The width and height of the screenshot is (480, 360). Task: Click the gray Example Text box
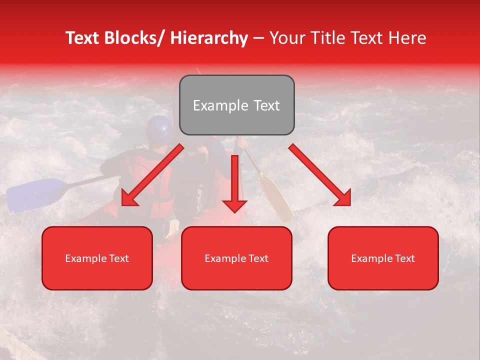point(236,105)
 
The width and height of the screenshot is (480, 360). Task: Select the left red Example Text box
point(97,258)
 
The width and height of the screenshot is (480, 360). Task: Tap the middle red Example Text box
point(236,258)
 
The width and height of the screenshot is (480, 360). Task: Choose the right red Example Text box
point(383,258)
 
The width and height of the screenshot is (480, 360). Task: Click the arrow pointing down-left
point(152,175)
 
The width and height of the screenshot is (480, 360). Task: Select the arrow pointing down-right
point(320,175)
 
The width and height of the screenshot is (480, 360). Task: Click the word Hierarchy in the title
point(209,38)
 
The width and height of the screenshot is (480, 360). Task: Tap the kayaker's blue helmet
point(159,128)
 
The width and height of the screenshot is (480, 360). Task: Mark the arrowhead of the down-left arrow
point(128,198)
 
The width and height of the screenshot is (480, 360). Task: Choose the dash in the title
point(258,38)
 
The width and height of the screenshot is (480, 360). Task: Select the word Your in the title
point(285,38)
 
